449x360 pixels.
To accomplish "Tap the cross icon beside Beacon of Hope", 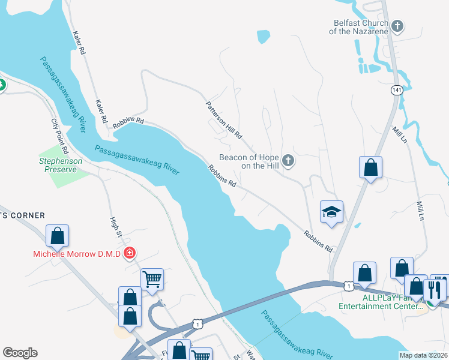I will [x=289, y=161].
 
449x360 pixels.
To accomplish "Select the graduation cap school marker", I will [x=331, y=212].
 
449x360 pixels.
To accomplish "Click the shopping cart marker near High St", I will [x=152, y=278].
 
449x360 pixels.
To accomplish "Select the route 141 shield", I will [x=396, y=90].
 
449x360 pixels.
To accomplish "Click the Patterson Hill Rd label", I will [x=224, y=119].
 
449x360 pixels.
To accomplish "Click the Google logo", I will [x=20, y=353].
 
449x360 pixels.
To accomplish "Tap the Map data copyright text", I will [x=423, y=355].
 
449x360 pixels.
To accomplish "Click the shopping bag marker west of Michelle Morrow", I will [x=57, y=236].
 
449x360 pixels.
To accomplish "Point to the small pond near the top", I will [x=263, y=37].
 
